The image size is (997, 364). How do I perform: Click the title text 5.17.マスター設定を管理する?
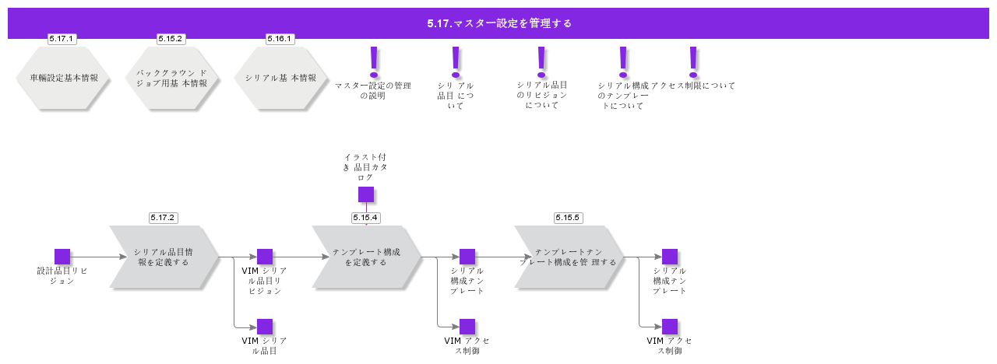coord(499,23)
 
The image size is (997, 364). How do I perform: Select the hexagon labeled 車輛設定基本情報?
coord(62,78)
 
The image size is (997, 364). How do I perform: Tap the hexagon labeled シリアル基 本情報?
coord(280,78)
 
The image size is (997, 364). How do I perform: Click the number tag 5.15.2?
coord(171,39)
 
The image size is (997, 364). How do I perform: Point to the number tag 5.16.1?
coord(280,39)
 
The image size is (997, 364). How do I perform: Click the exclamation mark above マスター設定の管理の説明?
coord(374,61)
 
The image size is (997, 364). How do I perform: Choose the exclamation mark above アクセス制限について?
coord(693,61)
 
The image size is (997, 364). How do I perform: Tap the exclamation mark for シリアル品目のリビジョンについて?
coord(542,61)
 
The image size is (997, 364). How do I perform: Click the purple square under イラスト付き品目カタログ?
coord(366,194)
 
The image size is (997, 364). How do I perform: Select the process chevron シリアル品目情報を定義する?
coord(164,257)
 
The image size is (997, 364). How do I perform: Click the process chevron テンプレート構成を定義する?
coord(366,257)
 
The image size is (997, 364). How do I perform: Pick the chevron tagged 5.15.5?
coord(569,257)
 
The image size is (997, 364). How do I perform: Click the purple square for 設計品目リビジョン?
coord(62,257)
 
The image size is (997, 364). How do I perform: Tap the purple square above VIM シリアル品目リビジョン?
coord(265,257)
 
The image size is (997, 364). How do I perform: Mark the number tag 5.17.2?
coord(164,218)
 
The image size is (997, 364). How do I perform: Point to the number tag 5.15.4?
coord(366,218)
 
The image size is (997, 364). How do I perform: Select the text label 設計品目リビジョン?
coord(62,275)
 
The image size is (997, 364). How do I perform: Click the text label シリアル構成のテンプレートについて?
coord(623,96)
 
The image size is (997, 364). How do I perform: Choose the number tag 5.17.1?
coord(62,39)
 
